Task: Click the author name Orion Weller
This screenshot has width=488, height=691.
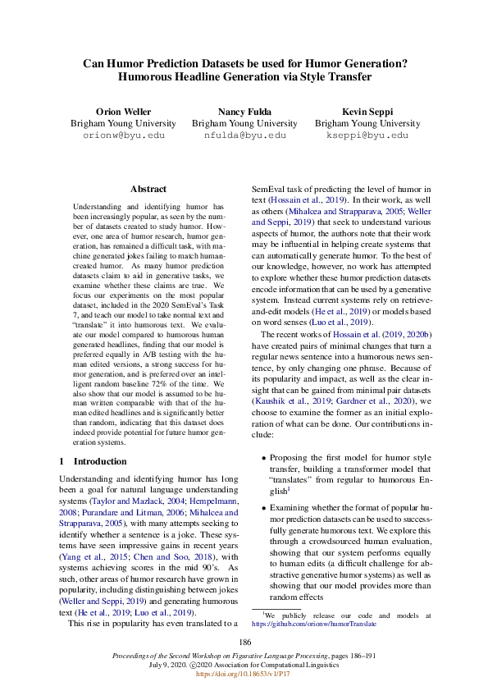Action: coord(120,111)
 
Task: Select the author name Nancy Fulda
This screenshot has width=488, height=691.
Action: coord(244,111)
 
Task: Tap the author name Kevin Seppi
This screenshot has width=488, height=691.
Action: coord(367,111)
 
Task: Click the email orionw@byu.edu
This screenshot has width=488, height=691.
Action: coord(120,135)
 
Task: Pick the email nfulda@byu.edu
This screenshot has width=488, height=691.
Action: coord(244,135)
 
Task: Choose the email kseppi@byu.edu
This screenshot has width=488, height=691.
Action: coord(367,135)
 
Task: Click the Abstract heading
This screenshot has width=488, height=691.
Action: coord(148,189)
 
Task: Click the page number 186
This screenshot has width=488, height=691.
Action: coord(244,642)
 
